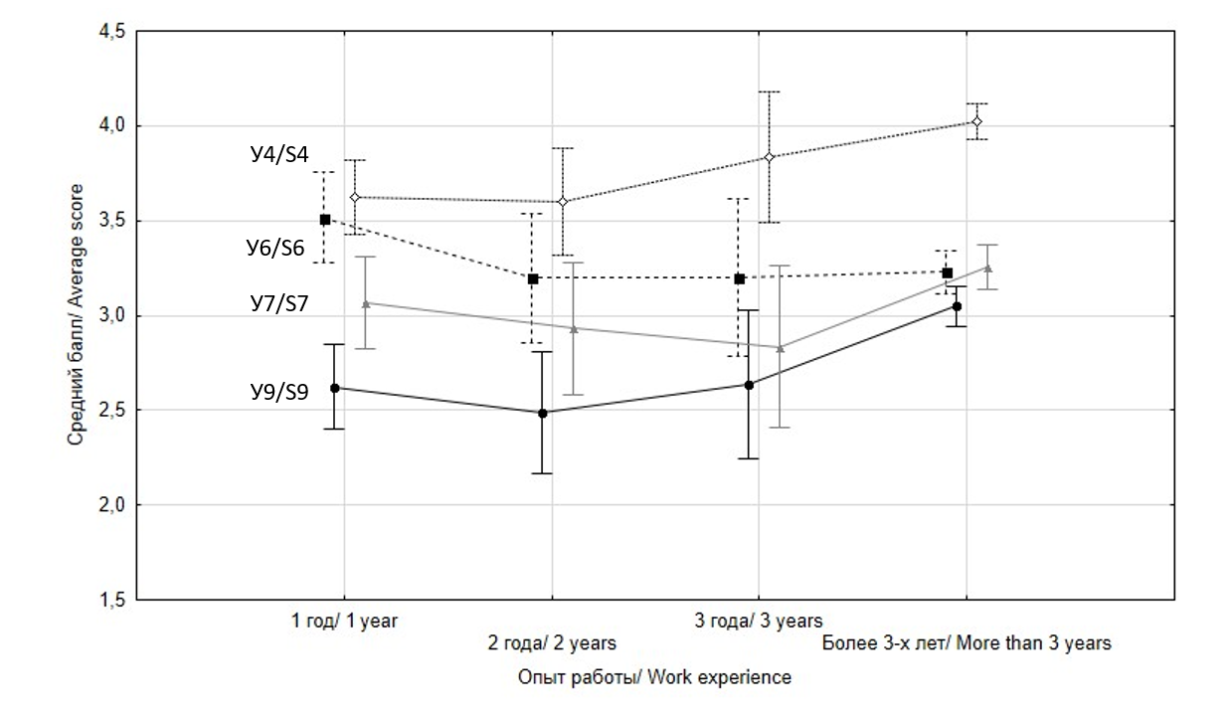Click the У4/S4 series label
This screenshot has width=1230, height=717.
click(278, 155)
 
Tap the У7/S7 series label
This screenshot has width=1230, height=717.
click(278, 303)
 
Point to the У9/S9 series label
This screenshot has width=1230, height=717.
click(278, 391)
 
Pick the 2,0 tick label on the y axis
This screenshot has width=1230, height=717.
click(110, 505)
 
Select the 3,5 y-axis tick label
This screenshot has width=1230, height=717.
click(110, 221)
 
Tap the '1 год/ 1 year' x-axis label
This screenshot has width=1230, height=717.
click(344, 622)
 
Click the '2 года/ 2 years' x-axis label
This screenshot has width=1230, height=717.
click(551, 642)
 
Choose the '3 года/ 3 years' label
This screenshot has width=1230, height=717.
click(759, 622)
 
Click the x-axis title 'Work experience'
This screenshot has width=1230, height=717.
click(654, 677)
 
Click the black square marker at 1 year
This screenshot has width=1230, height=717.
click(325, 219)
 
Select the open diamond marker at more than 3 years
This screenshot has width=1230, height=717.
click(977, 121)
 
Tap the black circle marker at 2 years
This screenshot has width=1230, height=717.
click(543, 413)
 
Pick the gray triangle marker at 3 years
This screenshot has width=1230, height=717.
click(780, 347)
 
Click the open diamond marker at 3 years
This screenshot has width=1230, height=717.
click(769, 157)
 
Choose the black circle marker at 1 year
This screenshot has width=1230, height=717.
click(335, 387)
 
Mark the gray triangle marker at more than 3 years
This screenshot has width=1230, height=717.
click(987, 267)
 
